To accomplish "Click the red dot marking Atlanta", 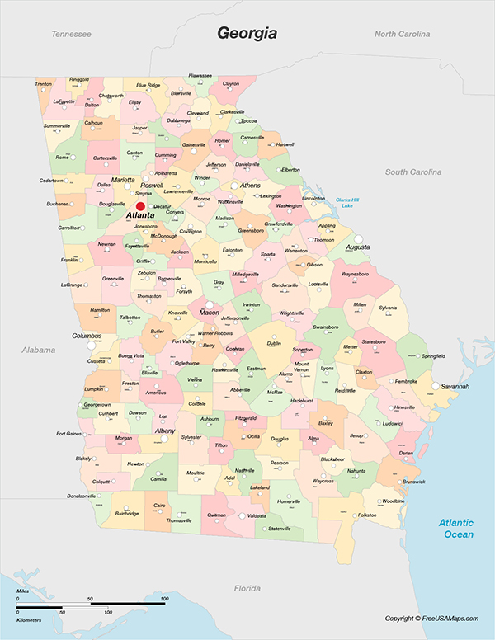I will click(140, 206).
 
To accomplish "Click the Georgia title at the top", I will click(247, 33).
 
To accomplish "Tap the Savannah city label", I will click(455, 386).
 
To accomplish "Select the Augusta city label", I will click(357, 247).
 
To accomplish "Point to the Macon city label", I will click(210, 313).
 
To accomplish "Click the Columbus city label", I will click(87, 336).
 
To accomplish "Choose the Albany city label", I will click(165, 431).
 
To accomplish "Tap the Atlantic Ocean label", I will click(456, 528).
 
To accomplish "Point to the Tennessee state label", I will click(71, 34).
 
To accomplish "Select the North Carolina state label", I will click(402, 34).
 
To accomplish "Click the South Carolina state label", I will click(414, 172).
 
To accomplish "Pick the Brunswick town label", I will click(414, 481).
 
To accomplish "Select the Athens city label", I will click(250, 186).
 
